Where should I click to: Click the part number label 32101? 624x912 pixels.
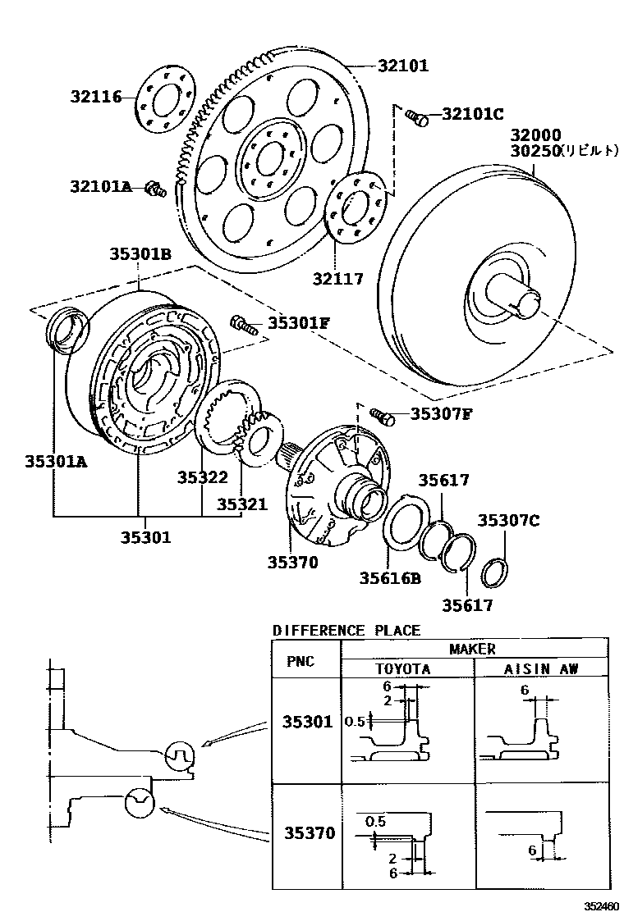pos(403,66)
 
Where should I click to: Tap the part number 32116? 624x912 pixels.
pos(95,98)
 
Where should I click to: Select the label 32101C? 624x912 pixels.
pos(472,114)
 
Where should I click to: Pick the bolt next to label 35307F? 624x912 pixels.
pos(382,417)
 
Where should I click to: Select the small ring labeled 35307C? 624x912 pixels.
pos(495,572)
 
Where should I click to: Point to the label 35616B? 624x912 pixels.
pos(389,578)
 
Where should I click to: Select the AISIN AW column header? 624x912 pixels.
pos(541,668)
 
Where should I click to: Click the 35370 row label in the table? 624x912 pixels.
pos(308,833)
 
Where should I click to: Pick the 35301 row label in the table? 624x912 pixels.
pos(308,723)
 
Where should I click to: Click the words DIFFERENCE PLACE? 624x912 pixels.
pos(346,631)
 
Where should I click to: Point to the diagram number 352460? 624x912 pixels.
pos(602,905)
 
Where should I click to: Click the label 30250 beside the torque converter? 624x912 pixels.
pos(534,151)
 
